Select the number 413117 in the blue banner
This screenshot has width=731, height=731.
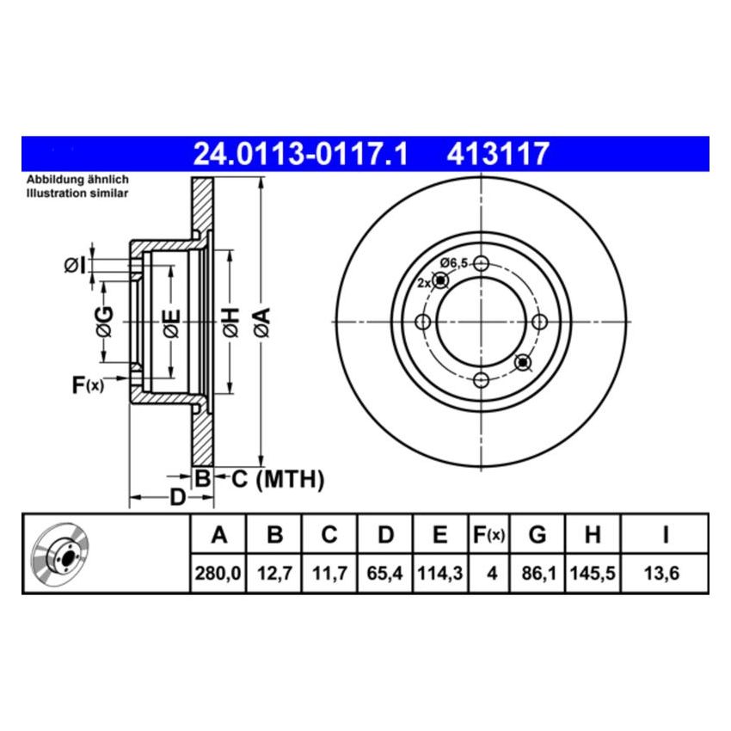pos(497,154)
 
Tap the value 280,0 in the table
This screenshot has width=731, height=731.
pos(218,570)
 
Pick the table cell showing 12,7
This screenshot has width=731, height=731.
pos(274,570)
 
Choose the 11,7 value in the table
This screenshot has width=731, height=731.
pos(329,570)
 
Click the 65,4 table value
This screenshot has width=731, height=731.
pos(385,570)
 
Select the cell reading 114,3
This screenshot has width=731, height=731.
pos(439,570)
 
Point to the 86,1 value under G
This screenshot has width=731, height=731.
pos(537,570)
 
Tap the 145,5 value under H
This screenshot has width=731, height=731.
pos(592,570)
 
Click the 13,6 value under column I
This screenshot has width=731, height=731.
pos(665,570)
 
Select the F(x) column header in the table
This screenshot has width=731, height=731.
pos(489,536)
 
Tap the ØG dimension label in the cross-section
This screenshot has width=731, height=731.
pos(104,321)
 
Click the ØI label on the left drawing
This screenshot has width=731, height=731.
pos(75,266)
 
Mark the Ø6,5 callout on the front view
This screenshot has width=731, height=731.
pos(453,262)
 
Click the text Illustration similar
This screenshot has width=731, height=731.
pos(77,193)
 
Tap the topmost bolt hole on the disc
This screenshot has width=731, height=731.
pos(482,263)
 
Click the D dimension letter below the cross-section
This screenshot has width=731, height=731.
pos(176,497)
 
